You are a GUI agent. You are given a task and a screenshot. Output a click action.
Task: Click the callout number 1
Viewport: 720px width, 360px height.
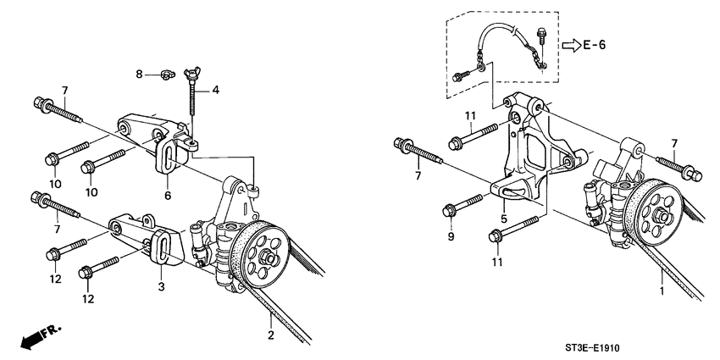click(662, 293)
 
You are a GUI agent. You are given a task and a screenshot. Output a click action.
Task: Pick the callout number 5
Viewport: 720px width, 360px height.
click(505, 218)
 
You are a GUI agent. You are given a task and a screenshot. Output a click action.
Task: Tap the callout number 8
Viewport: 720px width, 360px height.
click(141, 75)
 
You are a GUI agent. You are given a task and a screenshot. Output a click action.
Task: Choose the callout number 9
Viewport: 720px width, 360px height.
click(451, 237)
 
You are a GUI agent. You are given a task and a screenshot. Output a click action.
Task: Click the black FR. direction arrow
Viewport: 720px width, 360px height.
click(32, 339)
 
